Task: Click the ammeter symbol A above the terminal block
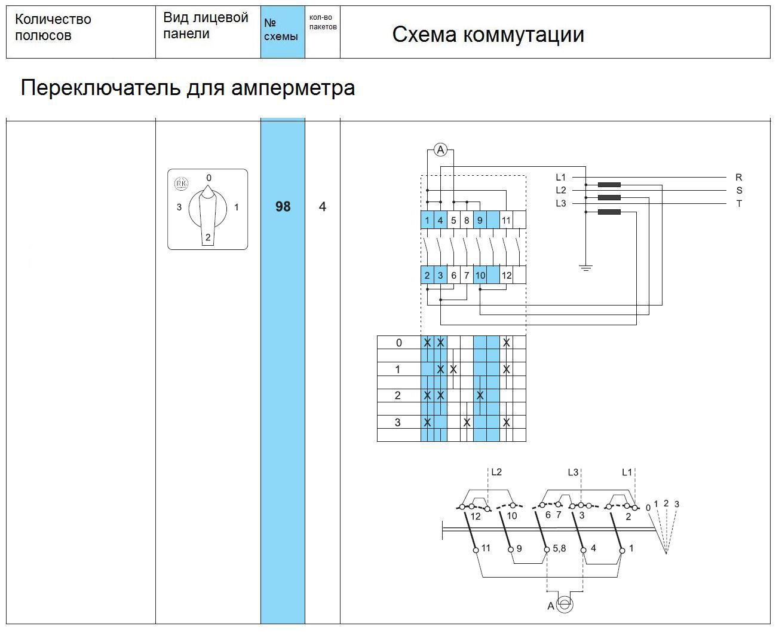click(440, 149)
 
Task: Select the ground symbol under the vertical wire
click(585, 267)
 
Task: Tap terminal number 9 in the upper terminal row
click(480, 220)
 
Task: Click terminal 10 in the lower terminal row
click(480, 275)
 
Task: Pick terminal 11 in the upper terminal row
click(506, 220)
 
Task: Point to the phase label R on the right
click(739, 178)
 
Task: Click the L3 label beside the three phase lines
click(561, 203)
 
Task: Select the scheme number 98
click(283, 206)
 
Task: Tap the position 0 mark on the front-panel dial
click(209, 178)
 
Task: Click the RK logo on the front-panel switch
click(180, 184)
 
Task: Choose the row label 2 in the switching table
click(397, 395)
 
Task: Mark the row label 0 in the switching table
click(398, 343)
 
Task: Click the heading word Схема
click(424, 35)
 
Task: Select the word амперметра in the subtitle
click(293, 88)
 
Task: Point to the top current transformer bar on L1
click(609, 185)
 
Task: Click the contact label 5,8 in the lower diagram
click(559, 548)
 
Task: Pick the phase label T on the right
click(739, 203)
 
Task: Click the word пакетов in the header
click(323, 27)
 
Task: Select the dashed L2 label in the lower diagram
click(496, 472)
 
